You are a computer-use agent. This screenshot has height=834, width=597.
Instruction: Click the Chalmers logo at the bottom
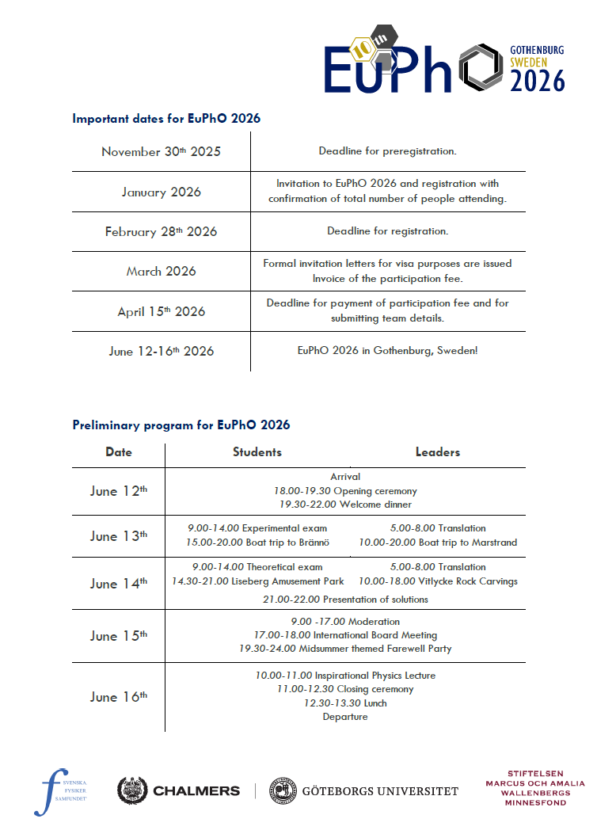[178, 790]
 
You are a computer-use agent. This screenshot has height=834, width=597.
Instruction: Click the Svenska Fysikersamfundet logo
[62, 790]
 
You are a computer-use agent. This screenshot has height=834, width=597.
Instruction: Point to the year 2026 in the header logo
[538, 80]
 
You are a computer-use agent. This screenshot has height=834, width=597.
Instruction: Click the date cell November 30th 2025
[161, 151]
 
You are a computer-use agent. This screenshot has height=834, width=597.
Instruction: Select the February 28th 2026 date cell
[161, 232]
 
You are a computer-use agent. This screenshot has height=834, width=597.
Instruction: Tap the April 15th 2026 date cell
[161, 311]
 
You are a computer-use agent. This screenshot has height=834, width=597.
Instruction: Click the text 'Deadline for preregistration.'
[387, 150]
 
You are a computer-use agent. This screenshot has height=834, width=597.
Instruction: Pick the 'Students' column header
[257, 452]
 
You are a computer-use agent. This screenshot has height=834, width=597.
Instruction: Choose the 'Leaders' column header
[437, 452]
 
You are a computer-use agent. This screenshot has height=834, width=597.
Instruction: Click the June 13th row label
[119, 536]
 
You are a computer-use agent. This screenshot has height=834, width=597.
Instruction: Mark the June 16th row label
[119, 697]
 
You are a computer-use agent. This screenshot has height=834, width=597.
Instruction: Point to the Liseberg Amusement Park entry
[258, 581]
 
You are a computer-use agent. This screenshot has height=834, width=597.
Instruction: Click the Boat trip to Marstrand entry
[438, 543]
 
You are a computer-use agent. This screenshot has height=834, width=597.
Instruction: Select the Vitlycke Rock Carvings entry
[438, 581]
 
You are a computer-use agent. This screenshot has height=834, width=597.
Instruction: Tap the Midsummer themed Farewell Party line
[345, 649]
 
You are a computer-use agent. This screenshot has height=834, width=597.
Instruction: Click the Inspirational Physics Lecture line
[345, 676]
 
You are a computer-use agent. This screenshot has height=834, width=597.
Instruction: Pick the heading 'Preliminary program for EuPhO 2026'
[181, 425]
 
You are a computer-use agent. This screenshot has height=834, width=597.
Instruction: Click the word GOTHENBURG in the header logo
[537, 49]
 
